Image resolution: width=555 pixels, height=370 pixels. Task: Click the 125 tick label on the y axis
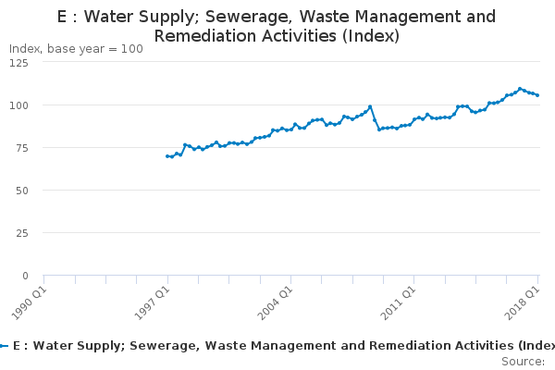tap(18, 63)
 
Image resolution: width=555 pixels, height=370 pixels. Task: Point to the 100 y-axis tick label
tap(18, 105)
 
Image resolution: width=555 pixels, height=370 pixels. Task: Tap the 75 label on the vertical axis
tap(22, 148)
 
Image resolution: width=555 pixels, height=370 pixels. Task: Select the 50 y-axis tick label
tap(22, 191)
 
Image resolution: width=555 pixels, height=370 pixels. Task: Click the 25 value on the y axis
tap(22, 233)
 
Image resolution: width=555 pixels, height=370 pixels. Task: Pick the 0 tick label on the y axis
tap(25, 276)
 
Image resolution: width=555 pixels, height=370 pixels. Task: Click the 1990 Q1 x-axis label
tap(29, 303)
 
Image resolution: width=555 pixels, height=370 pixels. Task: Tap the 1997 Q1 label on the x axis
tap(153, 303)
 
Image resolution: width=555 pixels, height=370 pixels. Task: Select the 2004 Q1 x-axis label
tap(276, 303)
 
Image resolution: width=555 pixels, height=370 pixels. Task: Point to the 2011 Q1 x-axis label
tap(398, 303)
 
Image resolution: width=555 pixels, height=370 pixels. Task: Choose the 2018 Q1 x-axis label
tap(522, 303)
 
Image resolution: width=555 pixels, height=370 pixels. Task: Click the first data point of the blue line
tap(167, 156)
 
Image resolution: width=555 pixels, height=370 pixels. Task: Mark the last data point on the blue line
tap(537, 95)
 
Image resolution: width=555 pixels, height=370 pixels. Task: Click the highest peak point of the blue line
tap(520, 89)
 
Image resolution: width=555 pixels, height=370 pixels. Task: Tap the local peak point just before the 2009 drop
tap(370, 106)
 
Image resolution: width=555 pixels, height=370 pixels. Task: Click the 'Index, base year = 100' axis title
tap(76, 49)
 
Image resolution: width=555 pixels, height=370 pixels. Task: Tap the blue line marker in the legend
tap(4, 346)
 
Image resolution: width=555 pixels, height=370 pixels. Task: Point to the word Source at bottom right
tap(524, 362)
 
